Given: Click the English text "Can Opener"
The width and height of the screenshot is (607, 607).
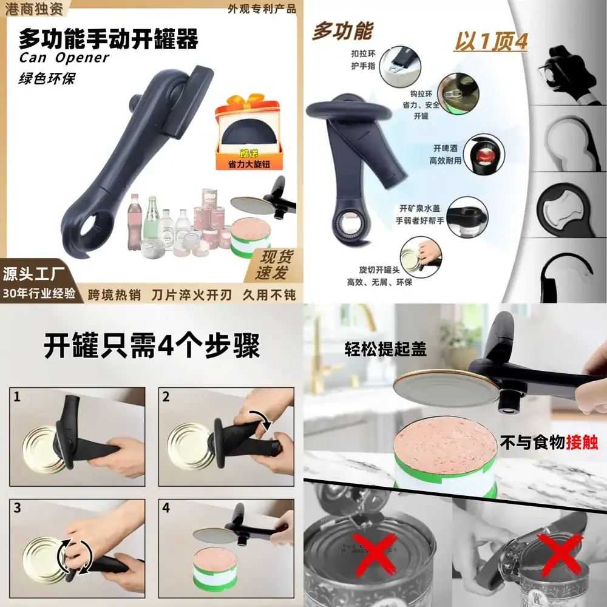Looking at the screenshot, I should (64, 58).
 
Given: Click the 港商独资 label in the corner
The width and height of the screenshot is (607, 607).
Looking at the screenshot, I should (27, 8).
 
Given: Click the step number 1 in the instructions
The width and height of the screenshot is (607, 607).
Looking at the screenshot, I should (17, 398).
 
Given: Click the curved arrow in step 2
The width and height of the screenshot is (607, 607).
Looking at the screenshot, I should (262, 418).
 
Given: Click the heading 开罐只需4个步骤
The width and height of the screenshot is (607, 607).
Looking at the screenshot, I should (152, 347).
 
